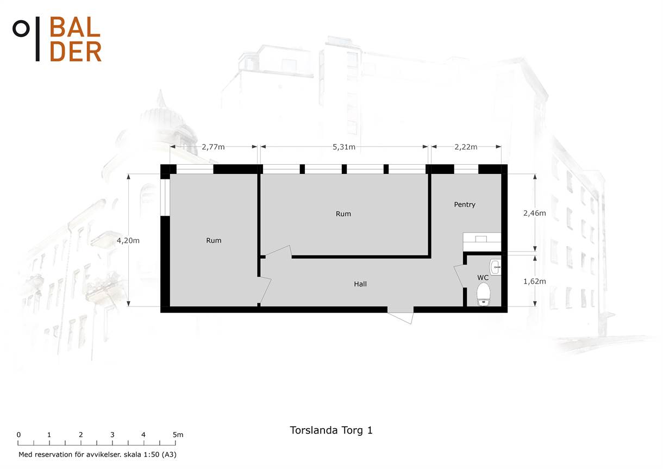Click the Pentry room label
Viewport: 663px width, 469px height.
(x=465, y=205)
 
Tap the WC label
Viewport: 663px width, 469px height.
(x=483, y=278)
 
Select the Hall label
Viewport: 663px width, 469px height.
(x=360, y=284)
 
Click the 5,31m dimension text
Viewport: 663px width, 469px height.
(x=344, y=147)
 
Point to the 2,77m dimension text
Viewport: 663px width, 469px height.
(x=213, y=147)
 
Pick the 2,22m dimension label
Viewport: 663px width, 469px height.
(x=466, y=147)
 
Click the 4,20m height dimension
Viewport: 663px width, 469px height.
(x=128, y=241)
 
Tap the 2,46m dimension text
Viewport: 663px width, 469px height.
(x=535, y=213)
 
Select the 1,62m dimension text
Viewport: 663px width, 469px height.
(x=535, y=281)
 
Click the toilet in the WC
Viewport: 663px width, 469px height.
(x=483, y=294)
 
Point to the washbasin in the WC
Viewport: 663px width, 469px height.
(x=496, y=267)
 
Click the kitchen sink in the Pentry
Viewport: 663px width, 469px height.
(x=481, y=239)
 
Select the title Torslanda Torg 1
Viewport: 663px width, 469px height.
(x=331, y=430)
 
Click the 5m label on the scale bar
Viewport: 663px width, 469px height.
(x=178, y=435)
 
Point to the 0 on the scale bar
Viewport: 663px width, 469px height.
(x=18, y=435)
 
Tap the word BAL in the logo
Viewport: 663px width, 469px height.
(x=75, y=27)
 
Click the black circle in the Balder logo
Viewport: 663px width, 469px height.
(x=21, y=29)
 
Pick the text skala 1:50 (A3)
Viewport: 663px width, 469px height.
(x=150, y=454)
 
